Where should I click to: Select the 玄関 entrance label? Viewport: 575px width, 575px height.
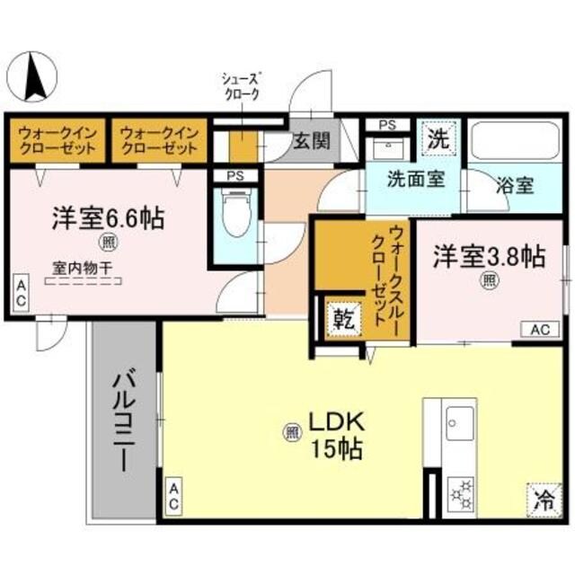[311, 141]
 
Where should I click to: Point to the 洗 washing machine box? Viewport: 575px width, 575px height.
[438, 139]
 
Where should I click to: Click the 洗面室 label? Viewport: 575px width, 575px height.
[415, 179]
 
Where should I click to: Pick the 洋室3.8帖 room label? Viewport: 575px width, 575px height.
[488, 256]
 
